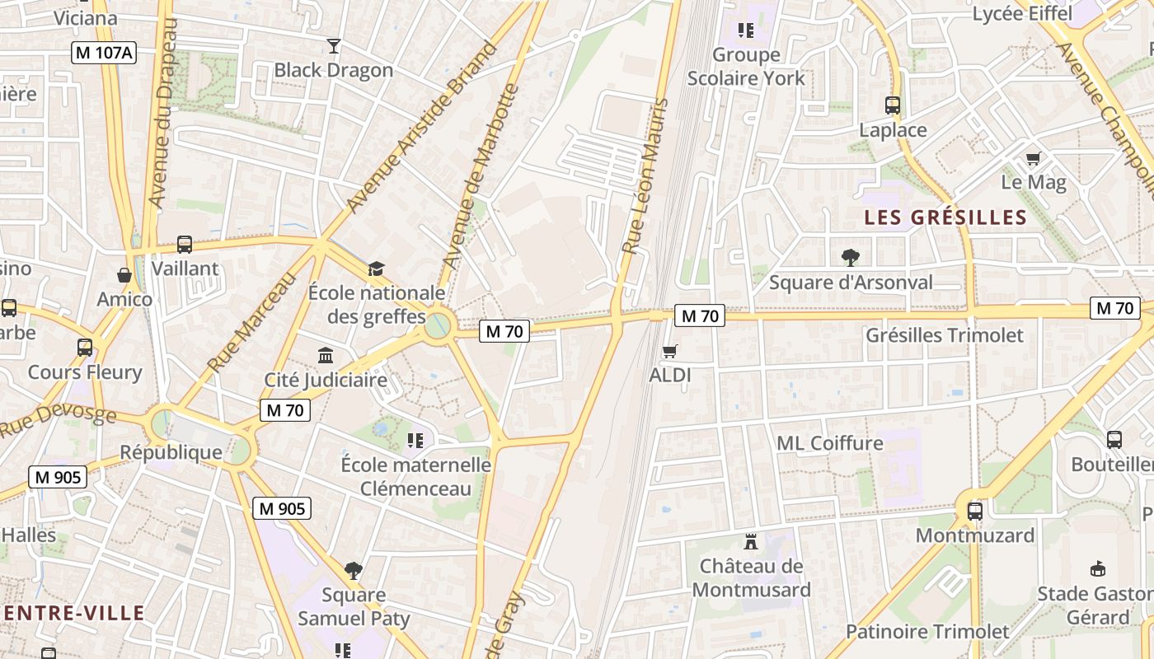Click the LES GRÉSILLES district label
click(x=945, y=217)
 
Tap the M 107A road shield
click(x=104, y=53)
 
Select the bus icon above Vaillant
click(x=185, y=245)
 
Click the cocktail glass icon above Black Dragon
click(x=334, y=46)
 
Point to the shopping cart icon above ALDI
click(x=670, y=352)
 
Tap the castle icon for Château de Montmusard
click(x=750, y=542)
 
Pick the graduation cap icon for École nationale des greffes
click(x=376, y=269)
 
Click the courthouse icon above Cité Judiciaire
click(x=326, y=356)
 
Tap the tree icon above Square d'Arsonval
click(x=851, y=258)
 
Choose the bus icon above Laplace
click(x=893, y=105)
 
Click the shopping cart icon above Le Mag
click(x=1033, y=158)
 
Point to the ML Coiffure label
click(x=829, y=443)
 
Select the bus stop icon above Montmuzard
click(x=975, y=511)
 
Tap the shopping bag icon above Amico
click(x=124, y=275)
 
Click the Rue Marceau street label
click(x=252, y=322)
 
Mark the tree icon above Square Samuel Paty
click(x=354, y=570)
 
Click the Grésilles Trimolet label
click(x=944, y=335)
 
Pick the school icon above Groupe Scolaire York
click(x=746, y=31)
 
